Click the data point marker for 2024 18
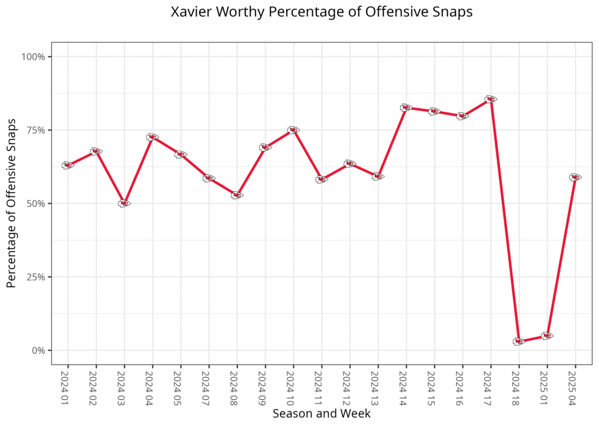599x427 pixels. pyautogui.click(x=519, y=341)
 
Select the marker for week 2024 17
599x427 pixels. pyautogui.click(x=490, y=99)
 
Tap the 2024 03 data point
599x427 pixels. pyautogui.click(x=124, y=203)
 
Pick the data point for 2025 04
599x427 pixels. pyautogui.click(x=575, y=177)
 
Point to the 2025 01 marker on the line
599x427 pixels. pyautogui.click(x=547, y=336)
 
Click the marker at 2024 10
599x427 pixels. pyautogui.click(x=293, y=130)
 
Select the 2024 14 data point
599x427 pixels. pyautogui.click(x=406, y=107)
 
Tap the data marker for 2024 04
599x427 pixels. pyautogui.click(x=152, y=137)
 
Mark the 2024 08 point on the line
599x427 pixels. pyautogui.click(x=237, y=195)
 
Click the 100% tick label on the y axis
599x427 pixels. pyautogui.click(x=33, y=57)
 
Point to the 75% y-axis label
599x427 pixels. pyautogui.click(x=36, y=130)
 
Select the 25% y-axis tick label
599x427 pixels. pyautogui.click(x=36, y=277)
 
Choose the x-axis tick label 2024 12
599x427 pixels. pyautogui.click(x=349, y=386)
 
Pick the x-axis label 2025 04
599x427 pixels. pyautogui.click(x=575, y=386)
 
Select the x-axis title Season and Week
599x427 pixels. pyautogui.click(x=321, y=414)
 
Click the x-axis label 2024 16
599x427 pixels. pyautogui.click(x=462, y=386)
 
